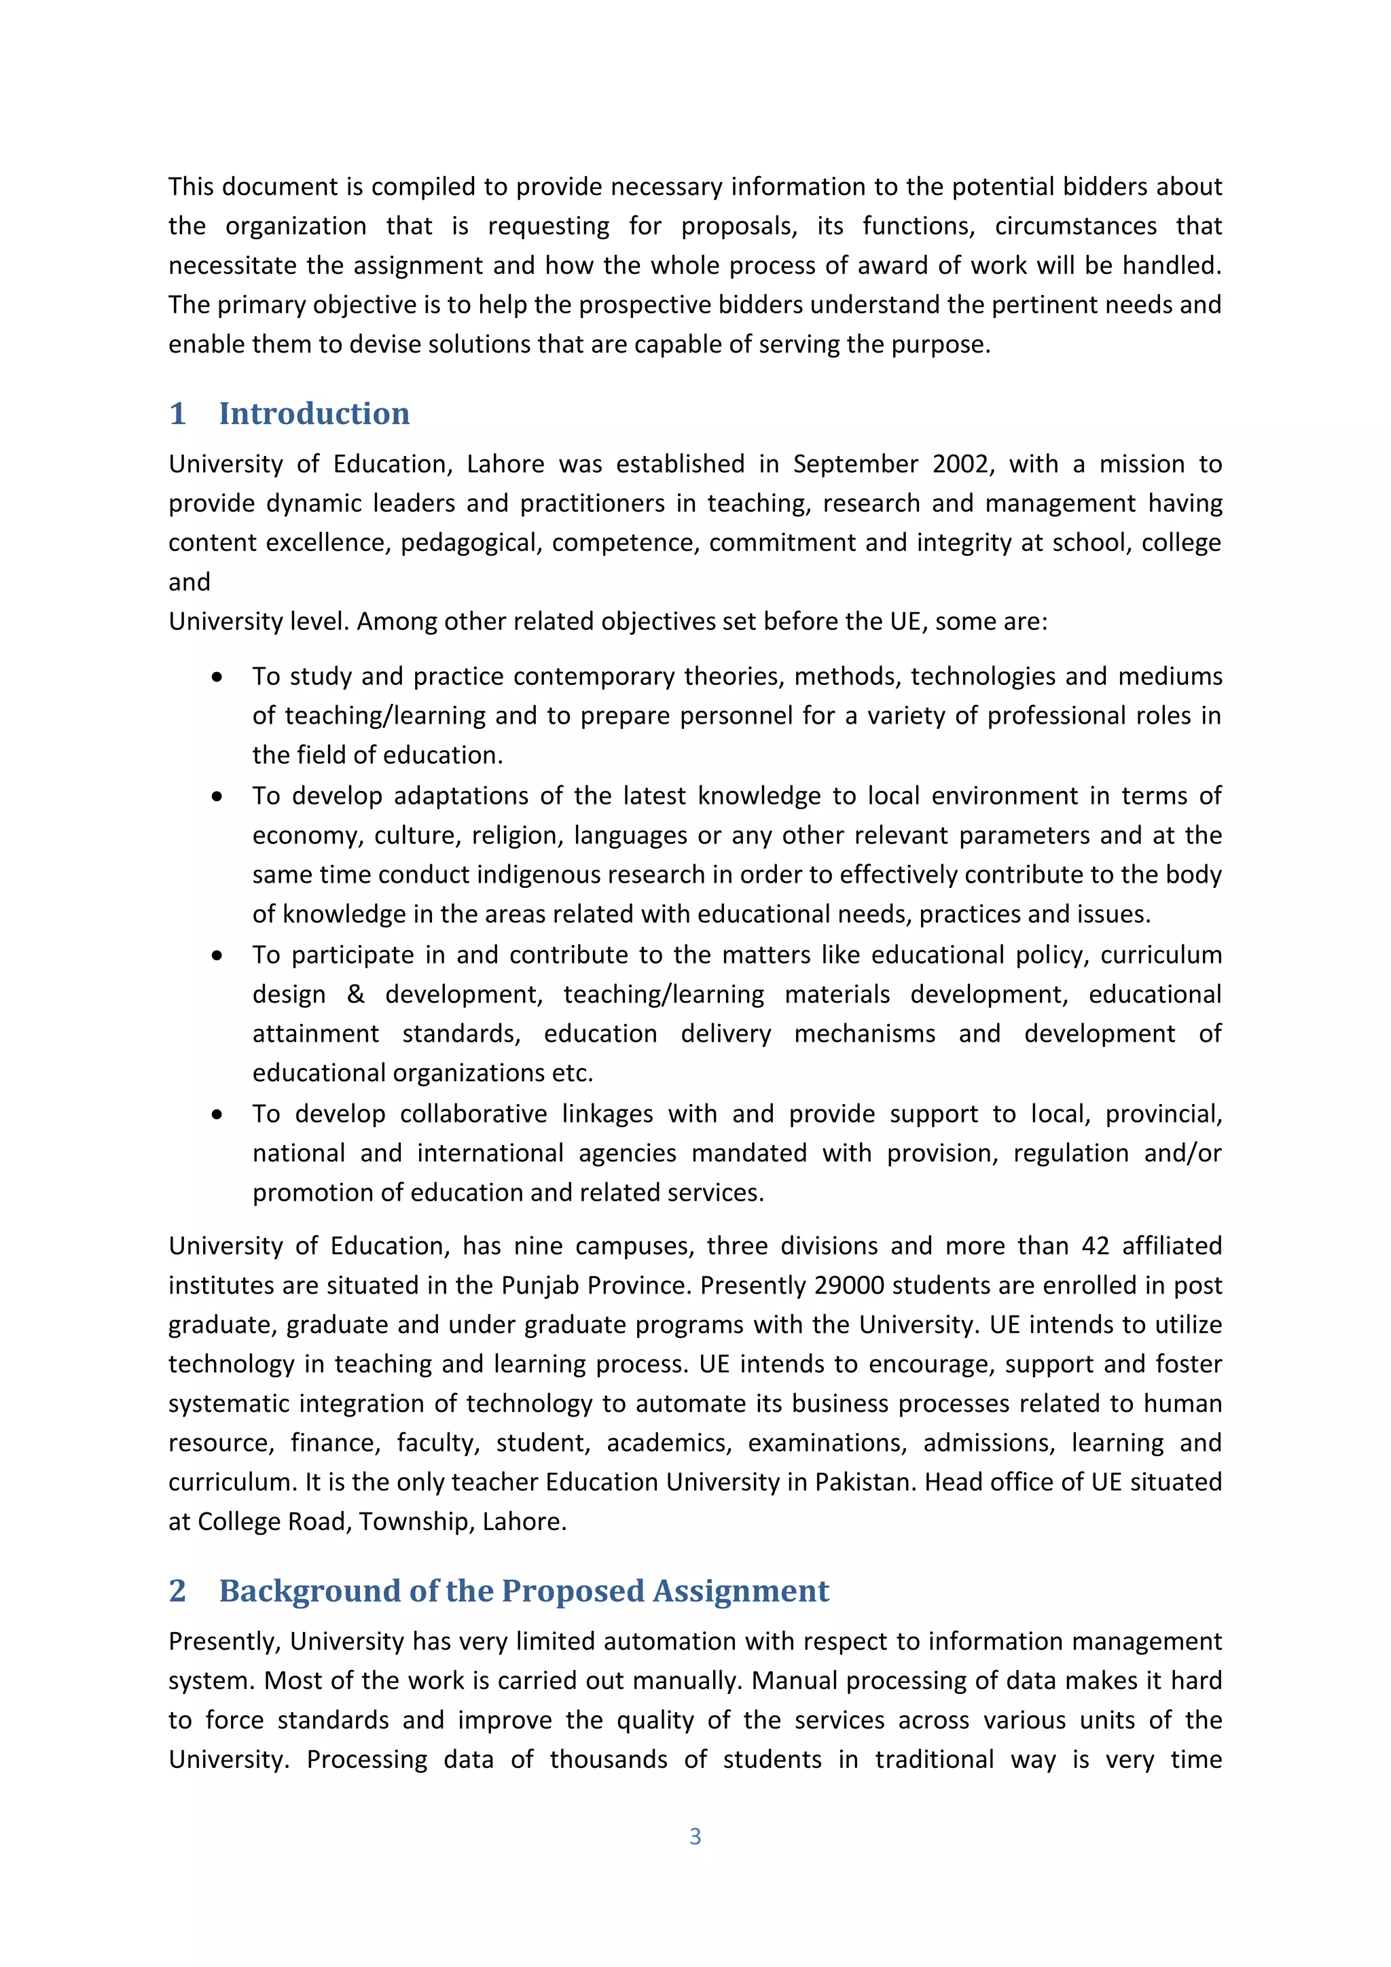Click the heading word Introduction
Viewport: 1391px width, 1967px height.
[x=314, y=414]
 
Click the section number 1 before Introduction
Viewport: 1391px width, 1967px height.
[x=177, y=414]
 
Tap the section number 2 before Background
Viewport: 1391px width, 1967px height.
[x=177, y=1591]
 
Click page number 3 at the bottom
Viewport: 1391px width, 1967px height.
[x=695, y=1836]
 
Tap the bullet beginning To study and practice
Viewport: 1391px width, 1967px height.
[x=217, y=677]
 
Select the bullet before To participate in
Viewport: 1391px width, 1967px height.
[x=217, y=955]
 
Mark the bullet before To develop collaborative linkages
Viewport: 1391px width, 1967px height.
[x=217, y=1114]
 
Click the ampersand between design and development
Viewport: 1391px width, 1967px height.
[x=355, y=995]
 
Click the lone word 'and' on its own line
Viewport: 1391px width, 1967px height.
[x=189, y=582]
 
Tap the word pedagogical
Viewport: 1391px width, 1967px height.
[x=471, y=543]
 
